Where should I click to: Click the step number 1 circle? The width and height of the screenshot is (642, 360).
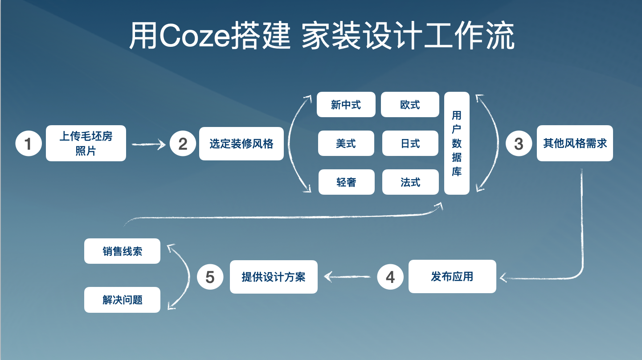click(29, 143)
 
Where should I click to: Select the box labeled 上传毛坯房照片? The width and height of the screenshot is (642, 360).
click(86, 143)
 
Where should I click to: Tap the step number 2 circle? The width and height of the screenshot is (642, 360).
click(183, 143)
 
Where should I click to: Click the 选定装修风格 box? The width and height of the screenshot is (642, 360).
click(241, 143)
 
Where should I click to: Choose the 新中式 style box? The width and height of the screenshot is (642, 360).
click(346, 104)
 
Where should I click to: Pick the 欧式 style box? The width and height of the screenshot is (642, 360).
click(410, 104)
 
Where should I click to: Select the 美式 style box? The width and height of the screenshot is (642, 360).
click(346, 143)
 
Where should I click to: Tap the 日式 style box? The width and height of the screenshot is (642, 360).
click(410, 143)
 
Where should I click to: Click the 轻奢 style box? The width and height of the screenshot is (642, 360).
click(347, 182)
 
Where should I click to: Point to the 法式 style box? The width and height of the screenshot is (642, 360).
click(410, 182)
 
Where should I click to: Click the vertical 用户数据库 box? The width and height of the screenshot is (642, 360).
click(457, 143)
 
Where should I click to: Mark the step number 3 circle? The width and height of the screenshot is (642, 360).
click(519, 143)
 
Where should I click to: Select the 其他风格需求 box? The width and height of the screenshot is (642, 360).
click(575, 143)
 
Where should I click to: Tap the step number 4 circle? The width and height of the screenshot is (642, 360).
click(390, 277)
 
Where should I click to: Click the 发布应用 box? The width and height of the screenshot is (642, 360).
click(452, 276)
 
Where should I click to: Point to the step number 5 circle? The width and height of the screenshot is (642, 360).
click(210, 277)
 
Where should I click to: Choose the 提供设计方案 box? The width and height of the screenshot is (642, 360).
click(274, 277)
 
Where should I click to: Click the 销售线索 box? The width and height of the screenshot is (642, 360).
click(122, 251)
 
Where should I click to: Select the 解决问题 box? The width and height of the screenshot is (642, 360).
click(122, 300)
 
